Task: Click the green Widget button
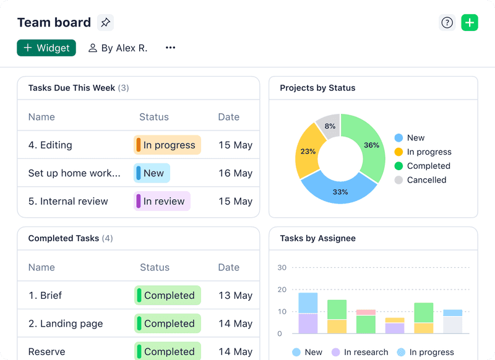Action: [x=46, y=48]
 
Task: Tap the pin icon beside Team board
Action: [x=105, y=23]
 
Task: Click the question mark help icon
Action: [x=447, y=23]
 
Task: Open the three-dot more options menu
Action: [x=170, y=48]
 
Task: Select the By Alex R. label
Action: [x=118, y=48]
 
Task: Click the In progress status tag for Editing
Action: [x=167, y=145]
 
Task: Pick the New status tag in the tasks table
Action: [x=152, y=173]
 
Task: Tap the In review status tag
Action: [x=162, y=201]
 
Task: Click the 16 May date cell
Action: [x=235, y=173]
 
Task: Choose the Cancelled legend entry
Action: [x=426, y=180]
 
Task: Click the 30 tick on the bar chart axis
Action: [x=282, y=268]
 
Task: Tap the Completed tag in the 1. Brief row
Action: [x=168, y=296]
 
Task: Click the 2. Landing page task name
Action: [x=66, y=324]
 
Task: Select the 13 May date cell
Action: [x=235, y=296]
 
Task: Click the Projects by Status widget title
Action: [x=317, y=88]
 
